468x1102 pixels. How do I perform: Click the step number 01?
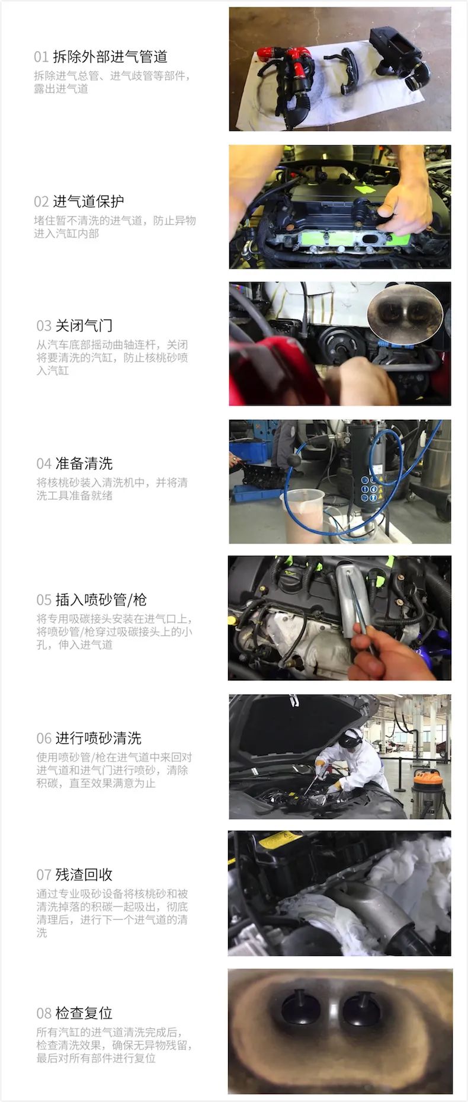pos(41,57)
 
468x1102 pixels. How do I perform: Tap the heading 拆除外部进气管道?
pos(110,57)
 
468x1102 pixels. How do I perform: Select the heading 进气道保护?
pos(89,202)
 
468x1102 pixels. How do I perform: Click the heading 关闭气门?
pos(84,325)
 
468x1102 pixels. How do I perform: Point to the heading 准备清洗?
pos(84,464)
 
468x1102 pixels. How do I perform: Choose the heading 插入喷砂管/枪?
pos(101,600)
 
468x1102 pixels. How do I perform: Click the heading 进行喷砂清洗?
pos(98,738)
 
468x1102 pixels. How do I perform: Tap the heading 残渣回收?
pos(84,874)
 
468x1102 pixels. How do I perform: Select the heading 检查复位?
pos(84,1012)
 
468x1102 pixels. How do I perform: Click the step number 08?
pos(43,1013)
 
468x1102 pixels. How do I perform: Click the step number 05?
pos(43,600)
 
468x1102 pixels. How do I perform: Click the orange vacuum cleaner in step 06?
pos(428,792)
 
